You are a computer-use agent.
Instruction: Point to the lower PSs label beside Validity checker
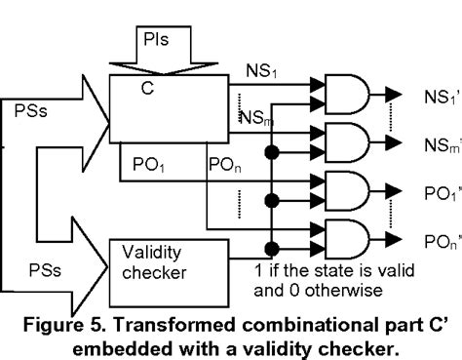[x=35, y=261]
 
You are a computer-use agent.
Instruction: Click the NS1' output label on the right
[x=434, y=97]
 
